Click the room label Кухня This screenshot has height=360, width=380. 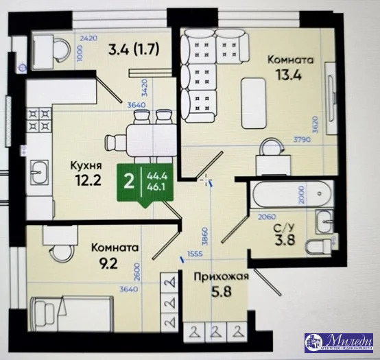pyautogui.click(x=87, y=165)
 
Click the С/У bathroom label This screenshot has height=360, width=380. pyautogui.click(x=281, y=228)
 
